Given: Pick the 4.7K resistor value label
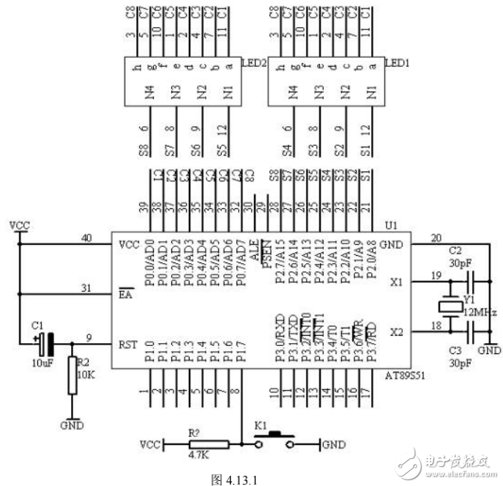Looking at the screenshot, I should pos(198,455).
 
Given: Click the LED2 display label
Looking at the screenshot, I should pos(253,64).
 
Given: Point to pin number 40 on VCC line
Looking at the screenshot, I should pos(87,238).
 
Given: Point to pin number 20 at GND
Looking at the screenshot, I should pos(437,238).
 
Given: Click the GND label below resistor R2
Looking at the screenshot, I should pos(72,424).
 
